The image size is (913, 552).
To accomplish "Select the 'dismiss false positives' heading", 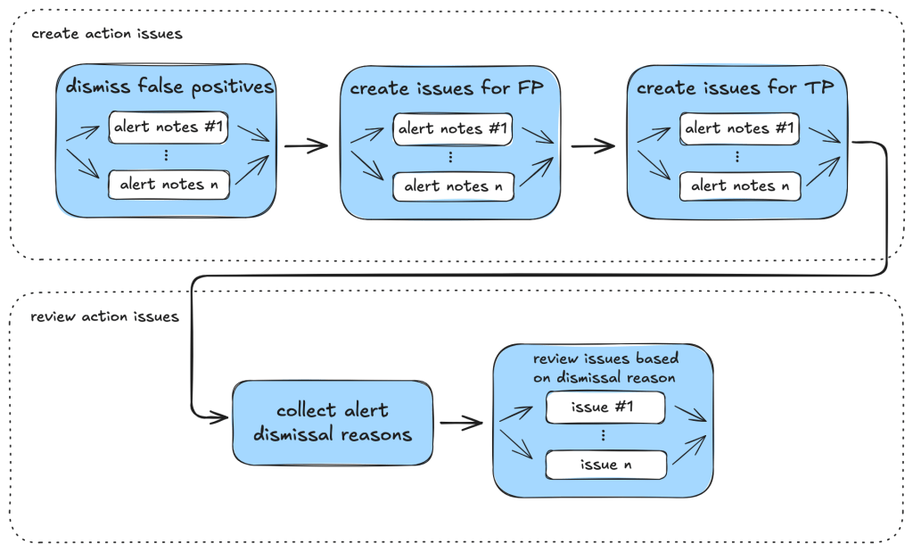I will [169, 87].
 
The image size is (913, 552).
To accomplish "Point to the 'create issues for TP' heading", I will [736, 88].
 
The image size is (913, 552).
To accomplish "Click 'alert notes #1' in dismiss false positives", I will [168, 127].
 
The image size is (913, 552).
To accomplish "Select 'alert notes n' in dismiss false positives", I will [168, 185].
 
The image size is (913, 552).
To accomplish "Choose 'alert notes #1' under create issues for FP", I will [453, 128].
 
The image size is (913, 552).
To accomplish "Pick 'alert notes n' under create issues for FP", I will [453, 185].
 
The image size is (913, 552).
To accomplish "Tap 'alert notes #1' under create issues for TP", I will [739, 128].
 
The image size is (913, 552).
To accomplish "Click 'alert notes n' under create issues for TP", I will [739, 185].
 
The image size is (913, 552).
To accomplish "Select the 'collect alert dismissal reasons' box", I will [332, 423].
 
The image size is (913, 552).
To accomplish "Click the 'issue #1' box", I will [605, 408].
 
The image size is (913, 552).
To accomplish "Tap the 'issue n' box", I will [605, 464].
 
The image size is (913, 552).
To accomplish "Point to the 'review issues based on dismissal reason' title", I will [605, 367].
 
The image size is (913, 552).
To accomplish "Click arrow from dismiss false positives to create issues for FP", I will [306, 145].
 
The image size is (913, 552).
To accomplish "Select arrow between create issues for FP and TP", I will [592, 145].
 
